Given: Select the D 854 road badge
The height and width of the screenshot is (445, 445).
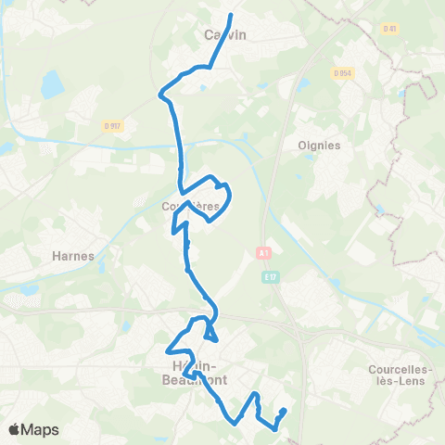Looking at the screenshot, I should pos(342,72).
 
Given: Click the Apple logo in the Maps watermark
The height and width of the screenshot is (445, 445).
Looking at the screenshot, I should pos(15,429).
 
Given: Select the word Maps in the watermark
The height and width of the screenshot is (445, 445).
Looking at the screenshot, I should pos(42,429).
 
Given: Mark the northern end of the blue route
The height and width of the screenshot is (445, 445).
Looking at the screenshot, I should pos(231,15).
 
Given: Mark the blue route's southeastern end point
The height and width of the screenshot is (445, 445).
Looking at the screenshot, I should pos(284,411).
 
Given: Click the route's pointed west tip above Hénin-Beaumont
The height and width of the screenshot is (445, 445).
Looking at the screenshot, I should pos(168,351).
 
